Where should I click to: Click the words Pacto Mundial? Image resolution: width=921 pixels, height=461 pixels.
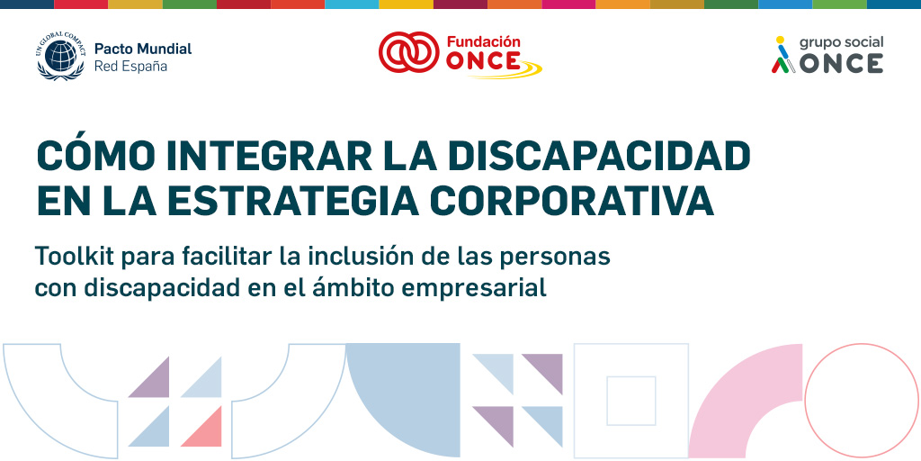click(x=143, y=49)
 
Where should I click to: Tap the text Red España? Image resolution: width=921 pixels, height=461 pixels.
click(x=130, y=67)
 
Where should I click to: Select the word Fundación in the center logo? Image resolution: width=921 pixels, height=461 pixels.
click(x=483, y=41)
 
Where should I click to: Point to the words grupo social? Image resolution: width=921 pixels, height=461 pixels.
click(x=841, y=42)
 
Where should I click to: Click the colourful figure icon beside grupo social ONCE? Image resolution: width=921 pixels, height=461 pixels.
click(x=782, y=56)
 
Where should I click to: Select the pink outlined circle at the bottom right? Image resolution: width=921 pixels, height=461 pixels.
click(x=861, y=400)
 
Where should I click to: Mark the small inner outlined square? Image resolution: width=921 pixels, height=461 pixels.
click(x=630, y=401)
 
